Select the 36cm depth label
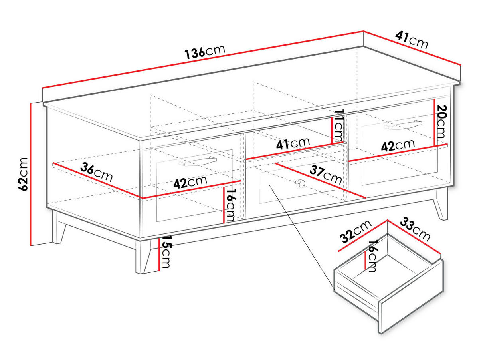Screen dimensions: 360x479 point(96,172)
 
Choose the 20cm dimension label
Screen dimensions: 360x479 point(441,121)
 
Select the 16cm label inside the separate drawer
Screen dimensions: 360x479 point(372,256)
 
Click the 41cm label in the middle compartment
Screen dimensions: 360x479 point(293,144)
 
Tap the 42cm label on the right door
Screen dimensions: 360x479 point(398,145)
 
